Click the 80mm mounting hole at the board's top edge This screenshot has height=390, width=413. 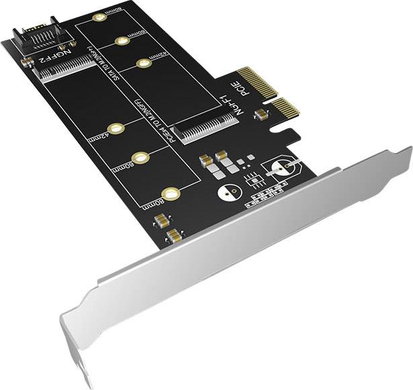[99, 15]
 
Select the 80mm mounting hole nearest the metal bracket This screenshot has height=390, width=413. [172, 195]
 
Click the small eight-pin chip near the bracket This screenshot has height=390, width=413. [253, 179]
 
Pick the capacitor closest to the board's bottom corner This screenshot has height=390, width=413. [175, 235]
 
